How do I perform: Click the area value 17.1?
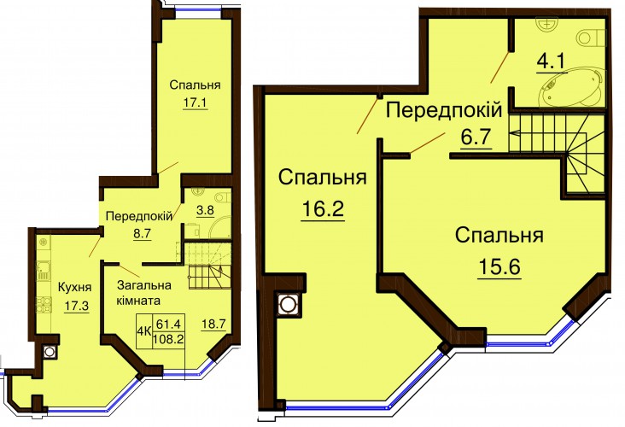(195, 102)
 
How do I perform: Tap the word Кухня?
(74, 287)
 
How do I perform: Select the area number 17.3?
(77, 307)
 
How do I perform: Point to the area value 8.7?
(143, 233)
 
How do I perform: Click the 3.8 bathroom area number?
(205, 210)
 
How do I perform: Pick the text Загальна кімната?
(144, 292)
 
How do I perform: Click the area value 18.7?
(213, 324)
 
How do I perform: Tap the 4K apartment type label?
(144, 331)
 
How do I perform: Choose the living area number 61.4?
(166, 324)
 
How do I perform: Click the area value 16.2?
(323, 208)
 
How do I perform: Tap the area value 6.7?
(475, 137)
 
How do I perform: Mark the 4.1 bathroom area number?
(552, 62)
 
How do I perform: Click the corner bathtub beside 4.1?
(571, 87)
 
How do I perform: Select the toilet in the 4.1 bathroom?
(590, 38)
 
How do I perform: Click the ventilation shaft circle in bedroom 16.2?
(286, 305)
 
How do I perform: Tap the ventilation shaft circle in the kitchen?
(50, 352)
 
